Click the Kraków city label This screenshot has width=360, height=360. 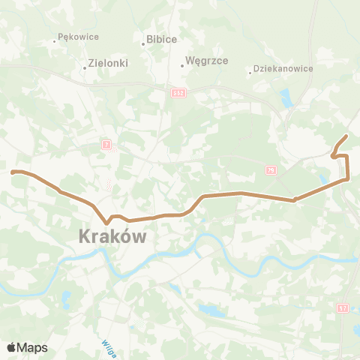click(x=112, y=237)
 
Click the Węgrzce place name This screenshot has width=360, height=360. click(x=205, y=63)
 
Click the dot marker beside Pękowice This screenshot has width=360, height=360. click(x=55, y=40)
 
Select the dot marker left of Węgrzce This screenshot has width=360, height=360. click(x=182, y=65)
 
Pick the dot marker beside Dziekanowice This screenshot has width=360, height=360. click(x=250, y=73)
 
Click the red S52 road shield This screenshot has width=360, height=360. click(x=180, y=91)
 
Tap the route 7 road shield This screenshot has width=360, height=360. click(x=107, y=142)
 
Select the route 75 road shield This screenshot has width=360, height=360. click(x=270, y=171)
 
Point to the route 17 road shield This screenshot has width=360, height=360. click(x=343, y=307)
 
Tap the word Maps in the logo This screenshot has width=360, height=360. click(x=32, y=347)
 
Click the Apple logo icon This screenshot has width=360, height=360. click(x=11, y=347)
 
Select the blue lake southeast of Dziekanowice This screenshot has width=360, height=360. click(x=285, y=97)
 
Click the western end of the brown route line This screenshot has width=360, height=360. click(x=13, y=172)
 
